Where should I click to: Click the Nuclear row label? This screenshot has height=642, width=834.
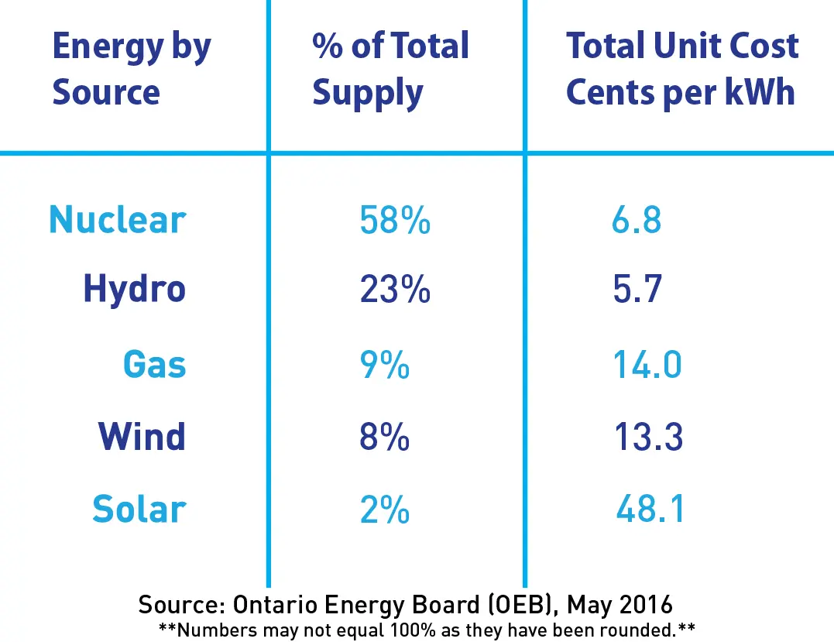point(118,220)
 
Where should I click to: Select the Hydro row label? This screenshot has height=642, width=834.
point(135,290)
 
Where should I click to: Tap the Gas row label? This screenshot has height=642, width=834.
point(155,364)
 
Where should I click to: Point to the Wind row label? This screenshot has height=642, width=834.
point(142,437)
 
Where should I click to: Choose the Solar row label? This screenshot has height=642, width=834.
point(139,510)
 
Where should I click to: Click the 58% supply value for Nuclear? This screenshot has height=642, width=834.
point(395,221)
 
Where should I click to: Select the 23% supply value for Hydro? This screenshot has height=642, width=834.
point(395,290)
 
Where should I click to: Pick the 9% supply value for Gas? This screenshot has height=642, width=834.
point(385,364)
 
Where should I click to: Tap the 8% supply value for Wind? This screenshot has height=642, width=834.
point(385,438)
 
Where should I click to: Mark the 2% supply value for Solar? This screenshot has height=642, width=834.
point(385,510)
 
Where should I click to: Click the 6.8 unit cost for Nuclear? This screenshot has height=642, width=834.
point(637,221)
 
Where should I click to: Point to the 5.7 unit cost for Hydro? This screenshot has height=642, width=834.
point(637,290)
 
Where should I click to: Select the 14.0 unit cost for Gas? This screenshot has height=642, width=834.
point(647,364)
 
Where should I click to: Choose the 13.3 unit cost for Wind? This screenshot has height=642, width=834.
point(647,438)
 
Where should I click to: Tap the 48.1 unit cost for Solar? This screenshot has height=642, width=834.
point(651,510)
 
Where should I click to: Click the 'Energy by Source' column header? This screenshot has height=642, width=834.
point(132,70)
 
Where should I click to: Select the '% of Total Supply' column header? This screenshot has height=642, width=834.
point(391,70)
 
